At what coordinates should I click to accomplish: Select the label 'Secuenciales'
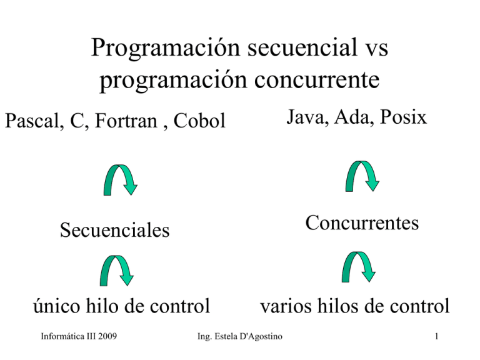click(x=114, y=231)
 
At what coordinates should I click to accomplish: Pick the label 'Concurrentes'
click(x=362, y=223)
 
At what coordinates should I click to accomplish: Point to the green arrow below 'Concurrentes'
click(x=359, y=266)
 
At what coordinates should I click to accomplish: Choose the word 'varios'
click(x=286, y=306)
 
